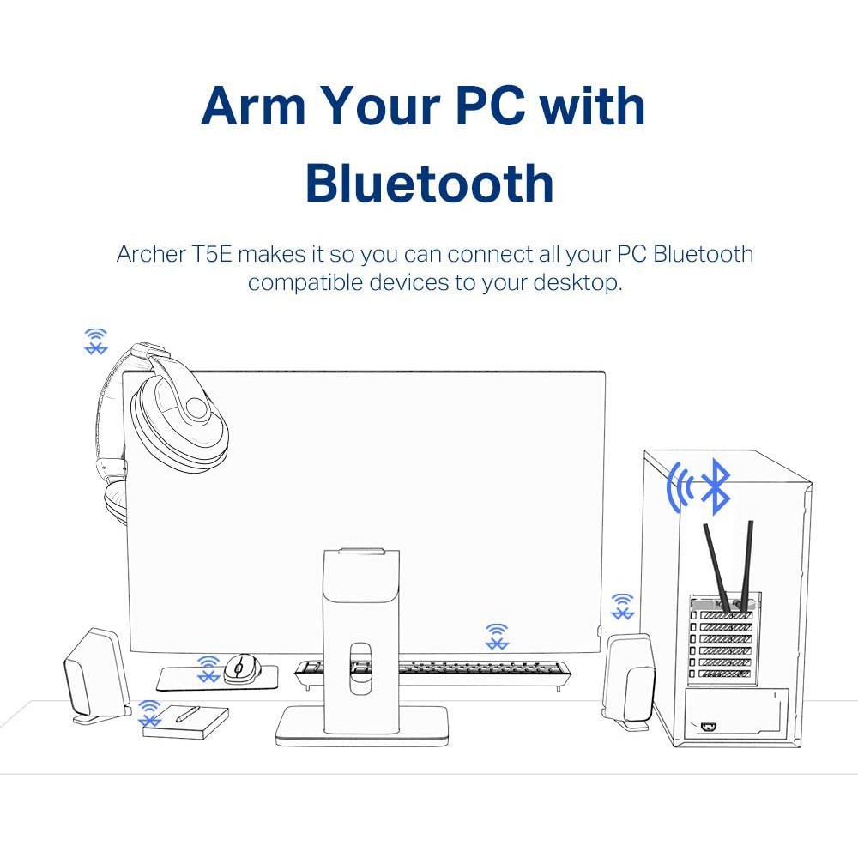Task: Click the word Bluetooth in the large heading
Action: pyautogui.click(x=430, y=183)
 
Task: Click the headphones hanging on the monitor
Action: pyautogui.click(x=164, y=426)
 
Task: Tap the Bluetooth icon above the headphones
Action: pyautogui.click(x=96, y=341)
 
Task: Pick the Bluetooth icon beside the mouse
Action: pyautogui.click(x=208, y=669)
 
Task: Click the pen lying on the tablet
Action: pyautogui.click(x=186, y=714)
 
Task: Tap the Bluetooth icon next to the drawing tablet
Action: pyautogui.click(x=149, y=713)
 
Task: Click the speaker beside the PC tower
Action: pyautogui.click(x=629, y=681)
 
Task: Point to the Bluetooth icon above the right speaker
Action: pyautogui.click(x=622, y=607)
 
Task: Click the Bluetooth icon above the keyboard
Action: pyautogui.click(x=497, y=637)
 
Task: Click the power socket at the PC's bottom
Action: pyautogui.click(x=710, y=728)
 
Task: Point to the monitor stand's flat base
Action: pyautogui.click(x=362, y=726)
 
